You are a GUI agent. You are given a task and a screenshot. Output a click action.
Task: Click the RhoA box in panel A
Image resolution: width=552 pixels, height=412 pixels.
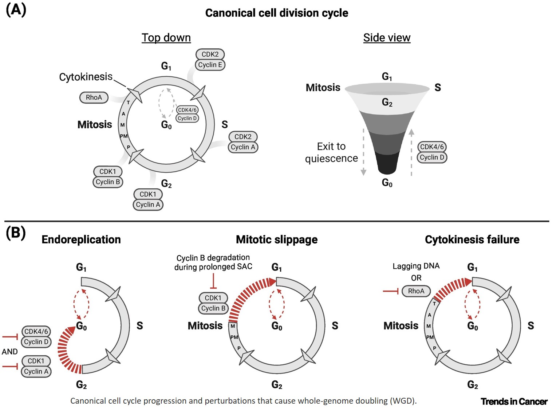(x=94, y=97)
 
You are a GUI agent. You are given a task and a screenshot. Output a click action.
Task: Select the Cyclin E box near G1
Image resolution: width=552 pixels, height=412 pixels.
(x=210, y=65)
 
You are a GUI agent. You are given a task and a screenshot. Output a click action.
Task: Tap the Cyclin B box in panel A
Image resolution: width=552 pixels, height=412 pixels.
(x=108, y=182)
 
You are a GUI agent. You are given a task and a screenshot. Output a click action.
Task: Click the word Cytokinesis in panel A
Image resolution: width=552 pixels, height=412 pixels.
(x=86, y=77)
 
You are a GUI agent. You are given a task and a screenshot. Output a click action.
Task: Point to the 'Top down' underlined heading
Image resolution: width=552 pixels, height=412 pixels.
(x=166, y=37)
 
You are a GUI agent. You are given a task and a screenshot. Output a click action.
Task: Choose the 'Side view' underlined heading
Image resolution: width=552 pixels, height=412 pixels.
(x=387, y=37)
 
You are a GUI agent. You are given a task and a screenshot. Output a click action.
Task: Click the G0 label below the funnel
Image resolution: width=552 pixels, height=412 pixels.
(x=387, y=183)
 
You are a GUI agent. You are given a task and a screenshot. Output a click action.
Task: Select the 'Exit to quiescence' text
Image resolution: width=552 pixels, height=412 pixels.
(x=331, y=152)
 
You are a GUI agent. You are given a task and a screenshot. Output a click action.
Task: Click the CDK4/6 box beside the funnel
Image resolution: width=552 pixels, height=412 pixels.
(x=432, y=147)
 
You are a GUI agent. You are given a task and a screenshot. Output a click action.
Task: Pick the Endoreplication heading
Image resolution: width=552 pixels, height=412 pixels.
(x=81, y=240)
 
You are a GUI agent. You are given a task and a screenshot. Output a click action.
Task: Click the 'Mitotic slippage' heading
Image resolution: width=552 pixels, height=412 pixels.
(x=277, y=240)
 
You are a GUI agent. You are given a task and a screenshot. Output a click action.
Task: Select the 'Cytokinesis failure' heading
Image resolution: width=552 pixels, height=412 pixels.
(x=472, y=240)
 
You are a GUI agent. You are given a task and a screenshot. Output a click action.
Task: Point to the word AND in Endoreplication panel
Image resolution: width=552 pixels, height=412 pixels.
(x=10, y=352)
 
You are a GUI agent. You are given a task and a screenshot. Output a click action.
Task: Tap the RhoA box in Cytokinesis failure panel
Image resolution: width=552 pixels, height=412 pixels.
(x=416, y=291)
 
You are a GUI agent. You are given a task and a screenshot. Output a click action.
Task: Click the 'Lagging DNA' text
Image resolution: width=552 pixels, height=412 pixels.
(x=416, y=266)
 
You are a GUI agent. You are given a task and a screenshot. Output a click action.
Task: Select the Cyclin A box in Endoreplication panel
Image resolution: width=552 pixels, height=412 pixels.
(x=36, y=372)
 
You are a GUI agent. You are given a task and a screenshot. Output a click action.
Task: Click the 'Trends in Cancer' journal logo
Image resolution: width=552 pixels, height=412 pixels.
(x=514, y=401)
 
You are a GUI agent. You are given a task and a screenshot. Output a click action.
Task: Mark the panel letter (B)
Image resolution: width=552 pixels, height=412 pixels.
(x=16, y=233)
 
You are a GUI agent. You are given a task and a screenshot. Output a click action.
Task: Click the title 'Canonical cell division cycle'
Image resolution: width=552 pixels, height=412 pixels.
(x=277, y=13)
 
